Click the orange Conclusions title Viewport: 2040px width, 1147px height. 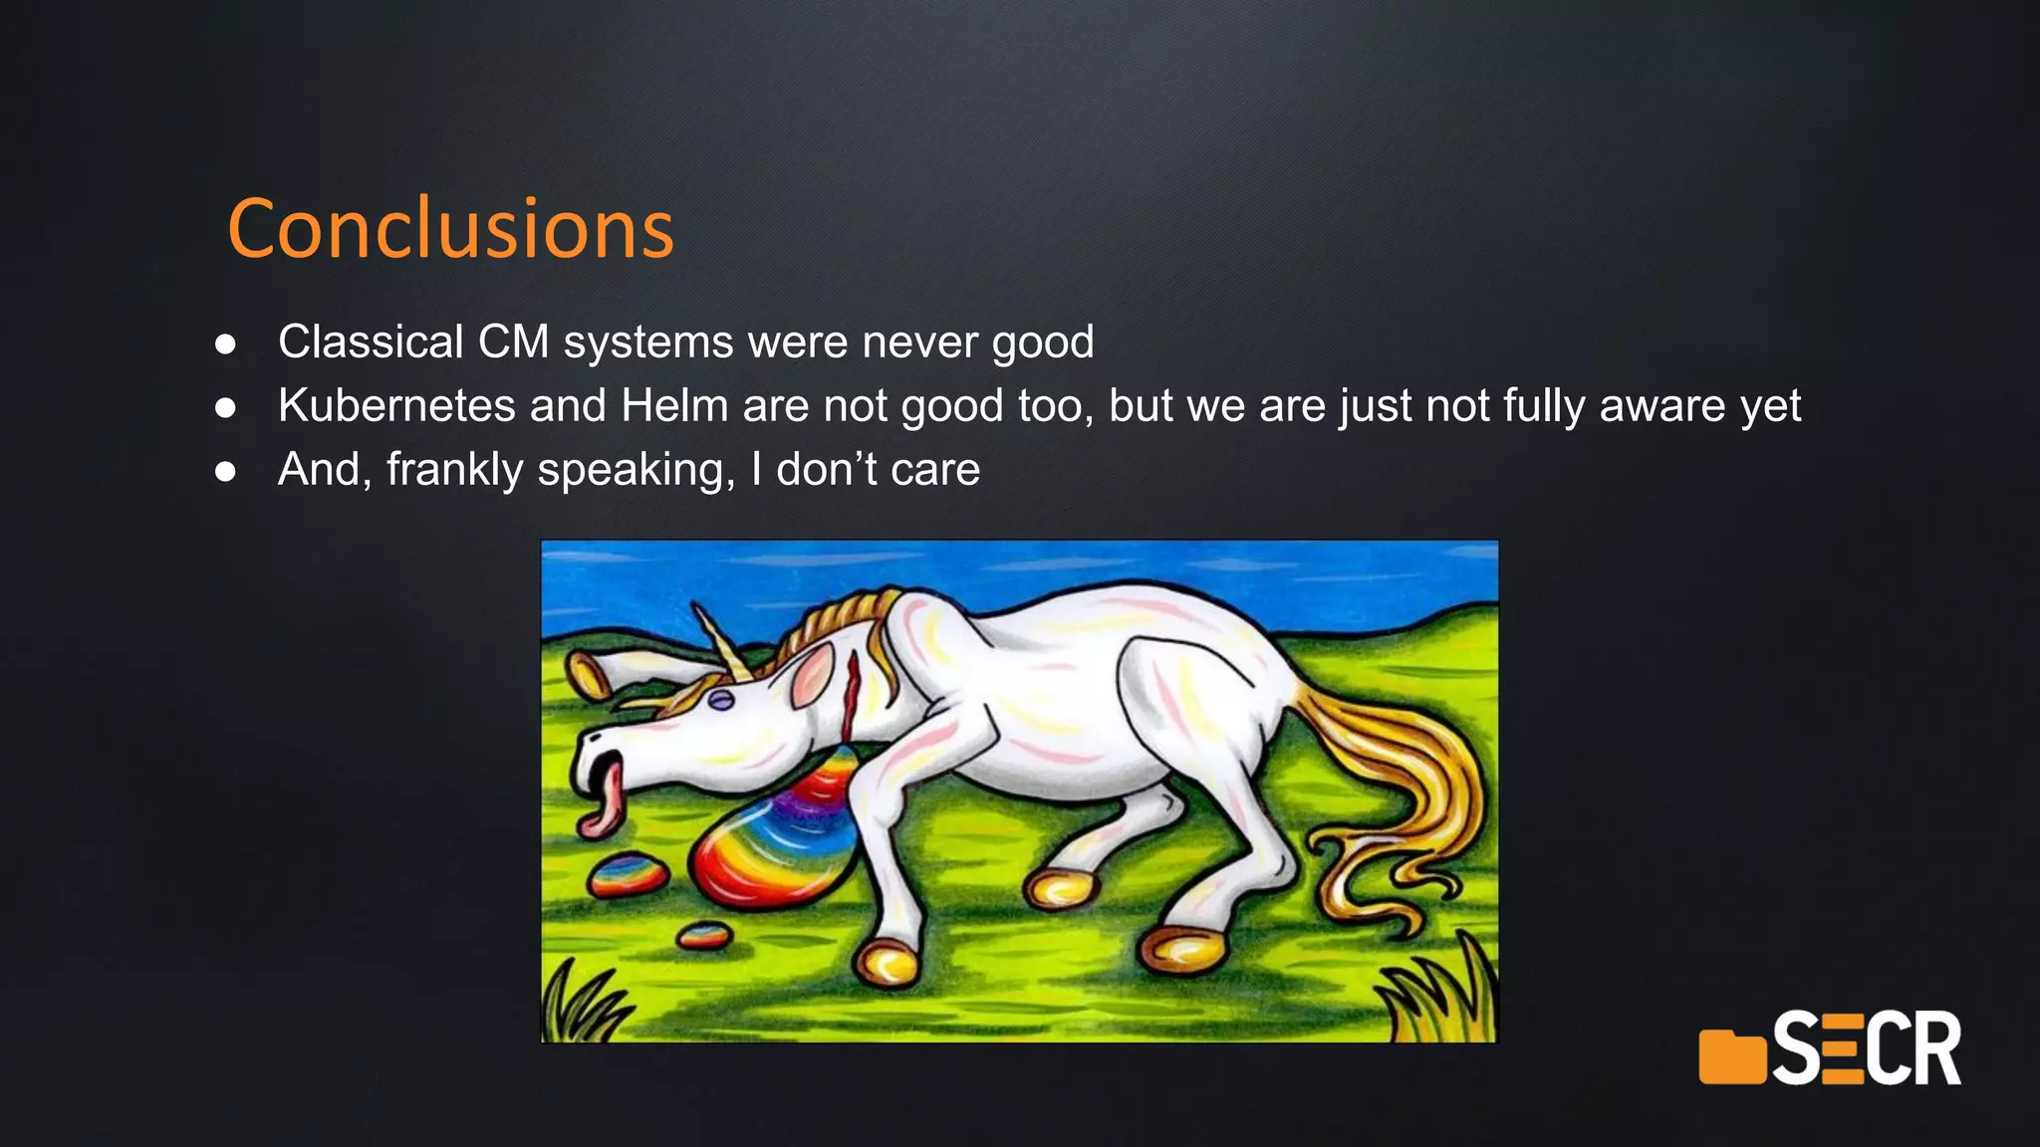450,229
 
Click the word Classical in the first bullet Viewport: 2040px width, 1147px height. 371,342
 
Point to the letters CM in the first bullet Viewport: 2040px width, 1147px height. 513,342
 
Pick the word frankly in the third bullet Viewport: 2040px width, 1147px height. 454,470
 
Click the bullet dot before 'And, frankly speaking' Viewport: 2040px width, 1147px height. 226,471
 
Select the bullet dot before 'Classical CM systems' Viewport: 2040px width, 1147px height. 226,344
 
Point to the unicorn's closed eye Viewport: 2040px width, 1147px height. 720,700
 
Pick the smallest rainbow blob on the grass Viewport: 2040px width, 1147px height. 704,935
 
